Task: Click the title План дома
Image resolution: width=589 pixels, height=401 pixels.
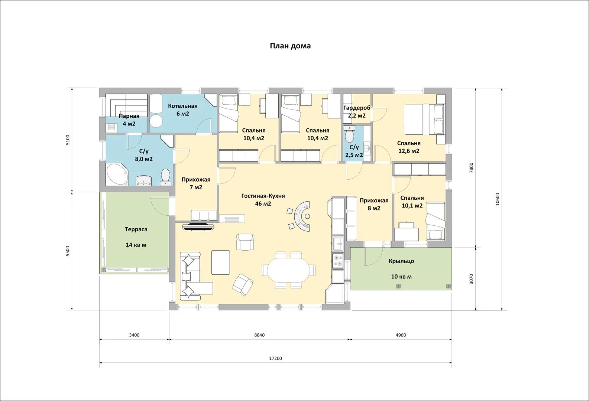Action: click(x=290, y=46)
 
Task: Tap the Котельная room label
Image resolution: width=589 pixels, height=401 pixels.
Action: click(x=183, y=106)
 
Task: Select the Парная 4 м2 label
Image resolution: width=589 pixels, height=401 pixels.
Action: click(x=129, y=120)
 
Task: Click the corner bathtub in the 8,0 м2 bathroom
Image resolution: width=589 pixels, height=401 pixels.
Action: click(x=117, y=175)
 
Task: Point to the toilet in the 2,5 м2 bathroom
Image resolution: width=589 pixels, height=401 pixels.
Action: click(x=349, y=134)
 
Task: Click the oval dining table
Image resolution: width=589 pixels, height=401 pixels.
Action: click(x=288, y=270)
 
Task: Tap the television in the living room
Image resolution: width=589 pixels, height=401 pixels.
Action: click(x=198, y=227)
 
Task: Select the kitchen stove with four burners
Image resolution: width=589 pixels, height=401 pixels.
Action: click(x=338, y=261)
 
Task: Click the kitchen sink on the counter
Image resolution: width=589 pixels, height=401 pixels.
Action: click(x=338, y=244)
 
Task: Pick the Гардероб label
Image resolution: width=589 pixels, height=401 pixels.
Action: click(x=357, y=108)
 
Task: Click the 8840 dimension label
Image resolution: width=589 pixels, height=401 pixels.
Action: click(x=259, y=335)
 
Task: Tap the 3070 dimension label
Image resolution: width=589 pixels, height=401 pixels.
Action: click(x=471, y=279)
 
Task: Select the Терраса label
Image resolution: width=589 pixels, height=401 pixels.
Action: click(x=136, y=229)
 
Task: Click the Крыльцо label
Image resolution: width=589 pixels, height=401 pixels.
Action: click(x=401, y=261)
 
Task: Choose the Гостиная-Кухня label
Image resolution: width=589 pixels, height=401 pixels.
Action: click(x=263, y=196)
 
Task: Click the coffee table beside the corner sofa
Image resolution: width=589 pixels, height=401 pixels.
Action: click(x=221, y=263)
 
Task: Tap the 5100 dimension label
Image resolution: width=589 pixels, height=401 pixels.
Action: click(x=68, y=140)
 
